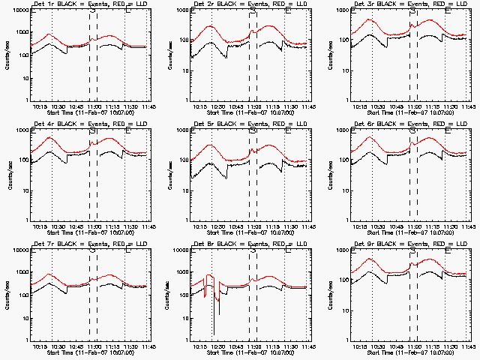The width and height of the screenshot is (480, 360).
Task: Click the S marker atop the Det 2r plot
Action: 253,11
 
